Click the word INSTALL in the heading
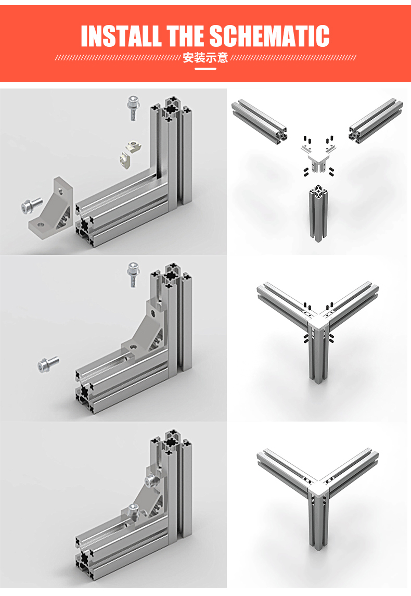121,36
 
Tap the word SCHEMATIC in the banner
269,36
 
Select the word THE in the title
185,36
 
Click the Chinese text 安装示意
205,58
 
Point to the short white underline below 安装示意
205,69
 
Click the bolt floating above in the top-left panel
133,107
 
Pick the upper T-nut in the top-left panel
134,145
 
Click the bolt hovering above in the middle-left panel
133,274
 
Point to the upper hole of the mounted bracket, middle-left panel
153,313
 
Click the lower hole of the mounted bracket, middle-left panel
133,347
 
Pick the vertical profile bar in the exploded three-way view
317,213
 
